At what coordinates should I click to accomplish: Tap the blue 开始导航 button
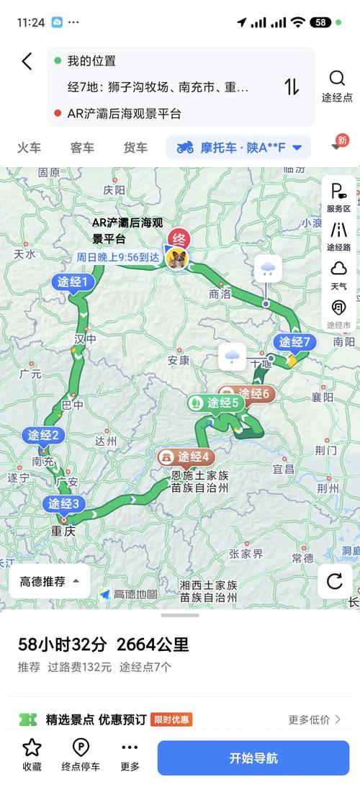(253, 758)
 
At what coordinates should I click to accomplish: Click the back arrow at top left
(27, 61)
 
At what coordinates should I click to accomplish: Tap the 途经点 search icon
(337, 78)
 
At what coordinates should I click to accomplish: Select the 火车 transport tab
(29, 148)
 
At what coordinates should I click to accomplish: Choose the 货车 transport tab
(135, 148)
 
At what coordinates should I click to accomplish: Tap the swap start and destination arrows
(292, 87)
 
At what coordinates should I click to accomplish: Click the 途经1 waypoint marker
(73, 282)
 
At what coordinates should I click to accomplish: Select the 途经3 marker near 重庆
(66, 504)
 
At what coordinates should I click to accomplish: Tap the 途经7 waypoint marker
(294, 342)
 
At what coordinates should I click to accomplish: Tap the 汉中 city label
(85, 339)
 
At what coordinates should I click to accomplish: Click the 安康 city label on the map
(178, 360)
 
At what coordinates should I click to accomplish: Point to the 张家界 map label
(246, 554)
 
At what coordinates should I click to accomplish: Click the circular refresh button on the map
(334, 581)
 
